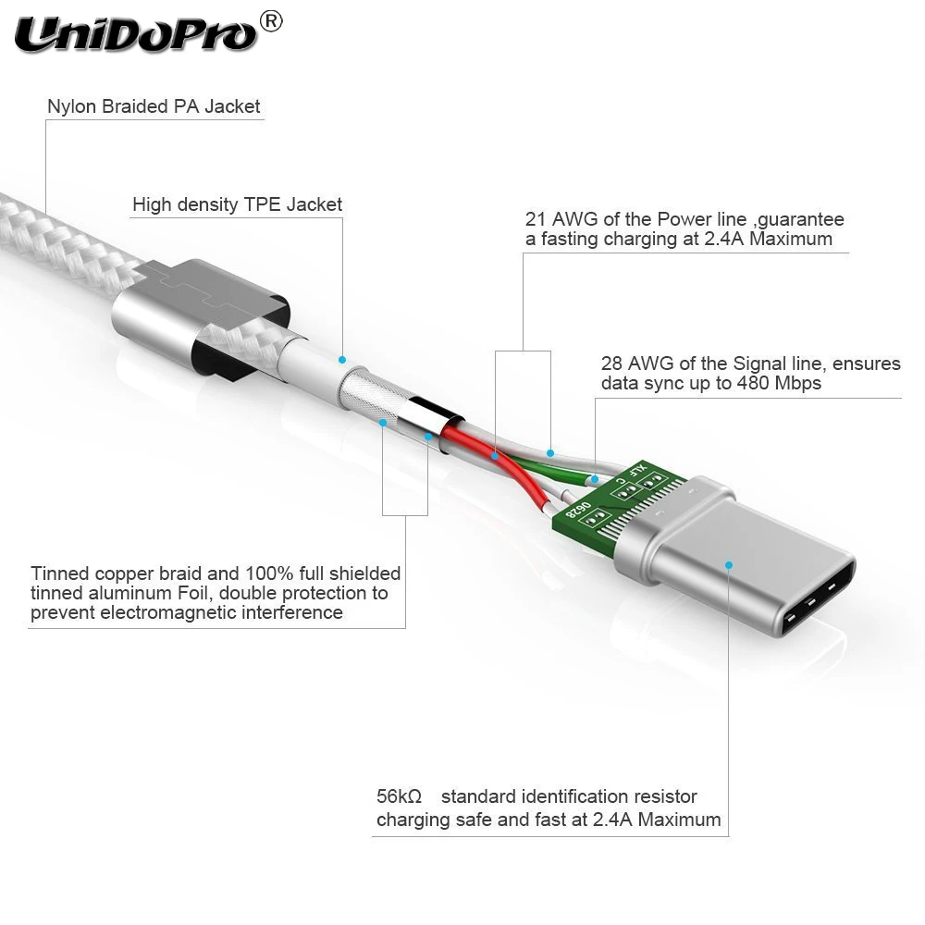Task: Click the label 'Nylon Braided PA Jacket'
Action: (154, 106)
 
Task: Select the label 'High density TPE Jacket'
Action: (237, 204)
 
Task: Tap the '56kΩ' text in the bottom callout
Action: (399, 796)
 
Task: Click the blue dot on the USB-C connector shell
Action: (729, 564)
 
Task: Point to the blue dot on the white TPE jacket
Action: (342, 359)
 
